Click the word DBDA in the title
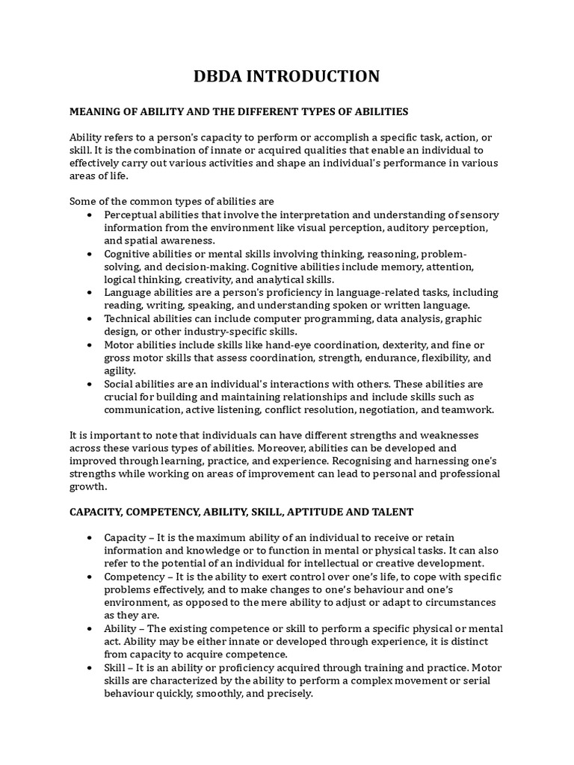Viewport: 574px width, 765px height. [220, 76]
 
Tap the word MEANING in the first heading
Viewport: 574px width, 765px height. [96, 111]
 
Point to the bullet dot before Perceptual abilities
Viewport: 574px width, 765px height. [90, 215]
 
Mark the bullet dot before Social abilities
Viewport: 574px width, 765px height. [90, 384]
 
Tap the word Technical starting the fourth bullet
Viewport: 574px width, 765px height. [128, 318]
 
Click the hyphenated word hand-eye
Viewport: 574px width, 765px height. [268, 344]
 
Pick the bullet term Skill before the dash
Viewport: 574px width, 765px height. [115, 667]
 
